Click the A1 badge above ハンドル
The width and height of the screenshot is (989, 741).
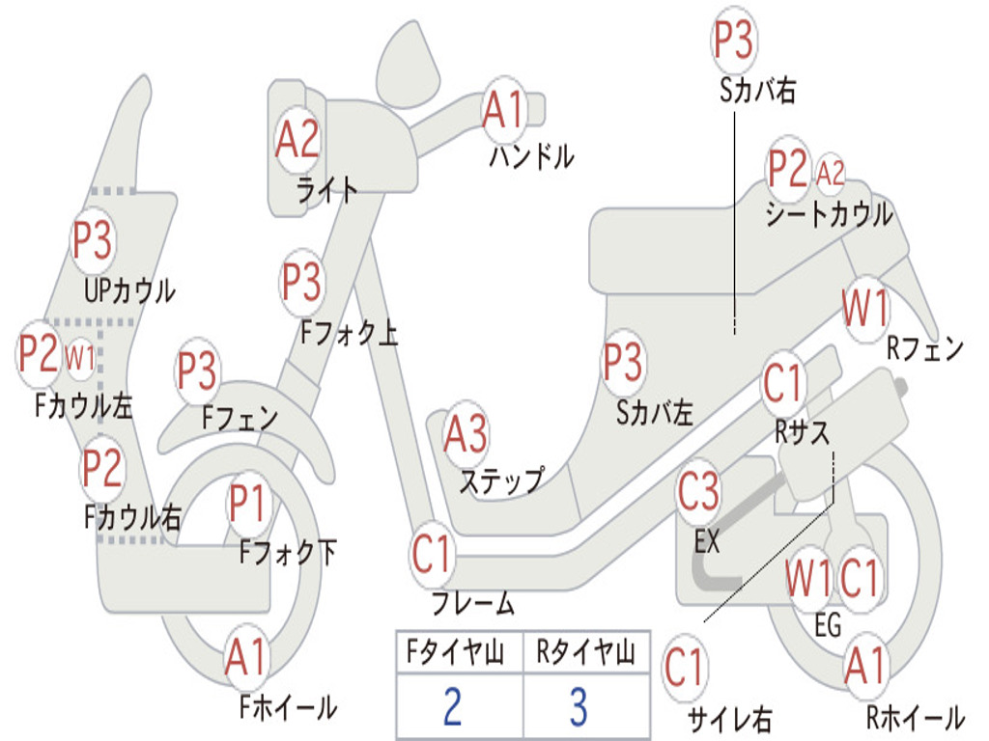[x=504, y=109]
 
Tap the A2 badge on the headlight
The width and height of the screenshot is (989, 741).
[x=297, y=139]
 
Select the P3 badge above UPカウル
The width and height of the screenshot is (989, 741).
[x=92, y=240]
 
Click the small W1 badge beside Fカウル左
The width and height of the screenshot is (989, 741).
[x=80, y=357]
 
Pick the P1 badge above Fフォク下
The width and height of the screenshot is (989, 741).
[x=247, y=503]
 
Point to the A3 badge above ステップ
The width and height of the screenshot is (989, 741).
[x=466, y=434]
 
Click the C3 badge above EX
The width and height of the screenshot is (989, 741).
[x=698, y=491]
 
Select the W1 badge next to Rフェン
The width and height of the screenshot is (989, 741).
[x=865, y=308]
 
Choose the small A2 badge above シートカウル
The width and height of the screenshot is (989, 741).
[x=830, y=172]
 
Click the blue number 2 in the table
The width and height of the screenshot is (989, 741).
[x=452, y=706]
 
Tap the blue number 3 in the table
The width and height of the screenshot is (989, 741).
[x=579, y=706]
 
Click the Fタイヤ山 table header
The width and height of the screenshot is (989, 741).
[x=456, y=651]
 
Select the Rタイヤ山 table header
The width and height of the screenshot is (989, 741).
[x=586, y=651]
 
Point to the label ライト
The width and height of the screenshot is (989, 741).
[x=327, y=190]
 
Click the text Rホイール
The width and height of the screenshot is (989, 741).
[x=916, y=718]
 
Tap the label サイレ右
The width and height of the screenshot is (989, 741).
[x=730, y=718]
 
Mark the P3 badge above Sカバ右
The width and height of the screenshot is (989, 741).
[x=734, y=41]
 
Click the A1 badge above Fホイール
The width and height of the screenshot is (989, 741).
[x=246, y=657]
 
